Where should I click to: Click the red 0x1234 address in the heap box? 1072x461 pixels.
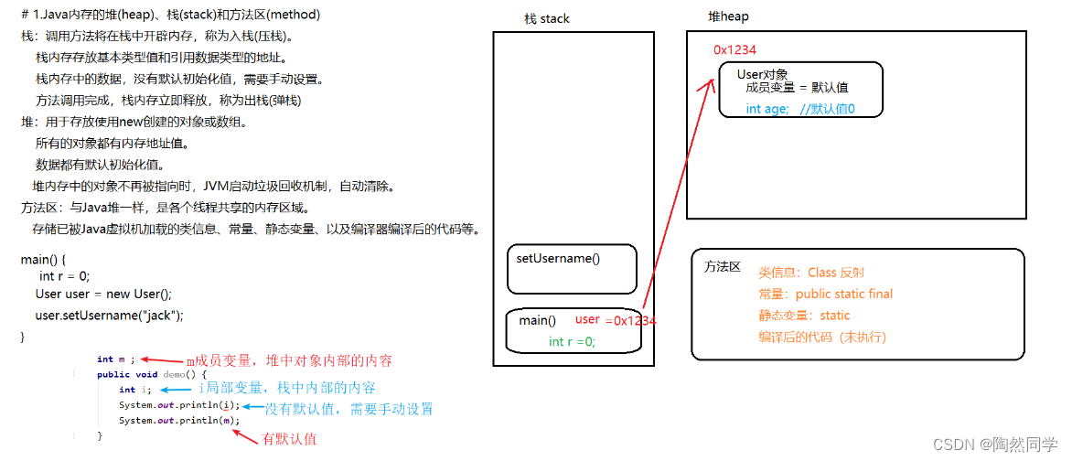(x=734, y=50)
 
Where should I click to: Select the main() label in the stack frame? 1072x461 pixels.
(x=537, y=320)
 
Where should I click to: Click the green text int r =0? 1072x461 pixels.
(x=572, y=341)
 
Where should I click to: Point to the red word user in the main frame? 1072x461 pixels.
(x=587, y=319)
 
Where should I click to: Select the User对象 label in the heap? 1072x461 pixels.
(x=762, y=74)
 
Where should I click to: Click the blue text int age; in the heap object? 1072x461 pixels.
(x=766, y=109)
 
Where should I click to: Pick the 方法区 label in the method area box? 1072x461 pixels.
(x=722, y=267)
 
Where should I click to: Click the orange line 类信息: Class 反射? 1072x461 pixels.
(x=810, y=273)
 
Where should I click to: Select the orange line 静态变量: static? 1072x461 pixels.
(x=803, y=316)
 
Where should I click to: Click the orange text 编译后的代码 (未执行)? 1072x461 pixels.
(x=821, y=337)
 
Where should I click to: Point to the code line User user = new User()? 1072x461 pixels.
(x=103, y=294)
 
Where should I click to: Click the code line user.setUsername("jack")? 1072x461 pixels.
(x=109, y=316)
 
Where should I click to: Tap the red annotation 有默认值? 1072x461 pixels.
(x=289, y=439)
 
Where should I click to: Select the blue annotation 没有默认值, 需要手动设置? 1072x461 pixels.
(x=348, y=409)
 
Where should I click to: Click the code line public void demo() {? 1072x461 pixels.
(x=152, y=374)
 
